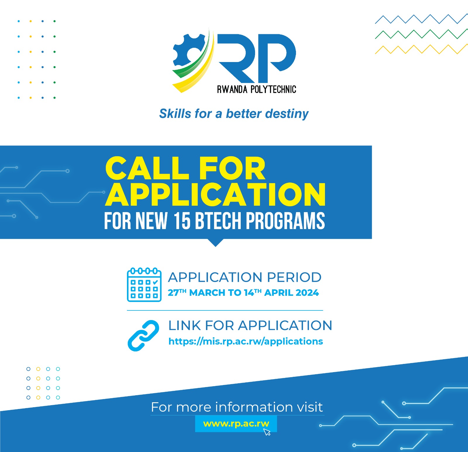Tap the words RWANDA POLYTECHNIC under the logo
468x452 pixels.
pyautogui.click(x=257, y=89)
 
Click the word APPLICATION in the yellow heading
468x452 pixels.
pyautogui.click(x=215, y=195)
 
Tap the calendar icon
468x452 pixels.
pyautogui.click(x=144, y=284)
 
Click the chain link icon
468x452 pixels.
pyautogui.click(x=143, y=336)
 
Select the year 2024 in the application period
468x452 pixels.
pyautogui.click(x=307, y=293)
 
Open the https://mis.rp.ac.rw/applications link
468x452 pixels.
pyautogui.click(x=246, y=341)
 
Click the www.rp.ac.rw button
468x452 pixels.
pyautogui.click(x=236, y=424)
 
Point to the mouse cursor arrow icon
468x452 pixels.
pyautogui.click(x=267, y=432)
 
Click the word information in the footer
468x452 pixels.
pyautogui.click(x=254, y=407)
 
